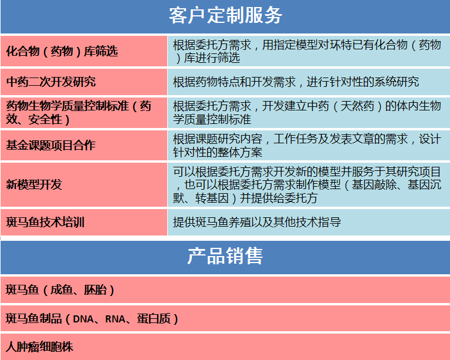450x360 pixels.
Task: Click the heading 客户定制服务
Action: [x=225, y=15]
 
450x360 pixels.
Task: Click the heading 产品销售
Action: [x=225, y=255]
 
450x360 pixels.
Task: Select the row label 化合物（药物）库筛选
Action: [x=62, y=51]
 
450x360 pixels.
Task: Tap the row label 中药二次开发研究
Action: [x=51, y=82]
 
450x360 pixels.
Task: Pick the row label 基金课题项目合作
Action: [x=51, y=145]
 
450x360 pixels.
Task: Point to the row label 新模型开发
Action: [x=34, y=184]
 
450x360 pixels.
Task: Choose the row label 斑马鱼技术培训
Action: [x=45, y=223]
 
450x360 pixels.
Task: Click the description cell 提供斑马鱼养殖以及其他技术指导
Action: [x=257, y=222]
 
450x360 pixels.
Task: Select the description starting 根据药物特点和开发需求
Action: [x=296, y=82]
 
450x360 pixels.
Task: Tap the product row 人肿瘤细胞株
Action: [x=39, y=346]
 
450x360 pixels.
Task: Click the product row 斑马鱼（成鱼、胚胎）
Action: [x=60, y=290]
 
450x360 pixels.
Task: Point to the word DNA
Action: [x=83, y=319]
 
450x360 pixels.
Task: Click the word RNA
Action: [x=115, y=319]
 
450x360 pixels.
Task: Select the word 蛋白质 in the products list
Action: [x=154, y=318]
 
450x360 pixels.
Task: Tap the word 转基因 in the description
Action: [x=212, y=198]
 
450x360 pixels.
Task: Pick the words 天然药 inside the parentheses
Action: [x=357, y=106]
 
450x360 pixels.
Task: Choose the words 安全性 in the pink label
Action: [x=45, y=120]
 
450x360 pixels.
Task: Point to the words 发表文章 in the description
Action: [x=352, y=139]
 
